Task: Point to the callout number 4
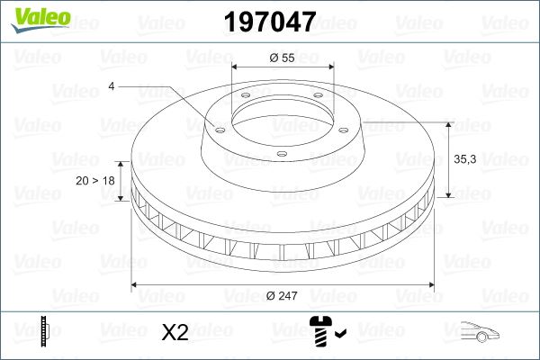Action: [x=112, y=85]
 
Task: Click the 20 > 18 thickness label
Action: [x=95, y=180]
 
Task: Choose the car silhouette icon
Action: [x=476, y=333]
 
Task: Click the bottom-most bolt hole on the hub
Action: [x=281, y=155]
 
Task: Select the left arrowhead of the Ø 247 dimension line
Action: [x=136, y=284]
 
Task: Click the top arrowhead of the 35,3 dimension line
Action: [x=447, y=123]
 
